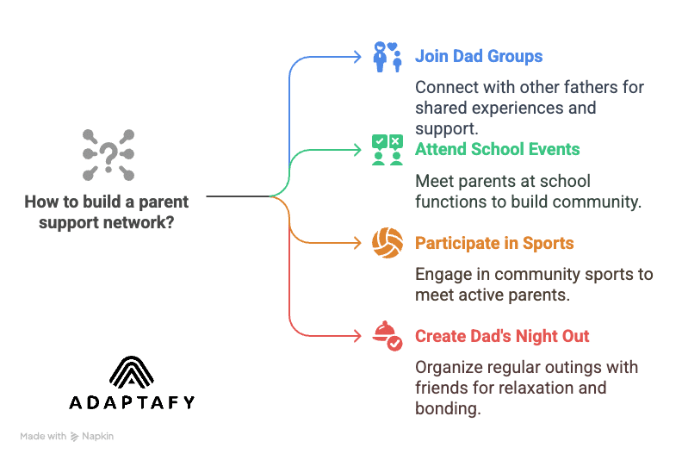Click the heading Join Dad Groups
coord(479,57)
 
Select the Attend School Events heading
coord(497,149)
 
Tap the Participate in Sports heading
coord(494,243)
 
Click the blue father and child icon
coord(387,56)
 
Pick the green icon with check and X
coord(387,150)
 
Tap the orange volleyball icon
coord(387,243)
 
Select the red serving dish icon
coord(387,336)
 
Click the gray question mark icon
coord(108,156)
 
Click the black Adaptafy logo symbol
coord(132,371)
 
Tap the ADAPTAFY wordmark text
coord(132,402)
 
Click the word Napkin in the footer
coord(98,437)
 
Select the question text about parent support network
coord(107,212)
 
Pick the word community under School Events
coord(595,202)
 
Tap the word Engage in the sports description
coord(443,275)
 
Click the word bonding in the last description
coord(446,409)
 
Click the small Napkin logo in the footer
coord(75,437)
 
